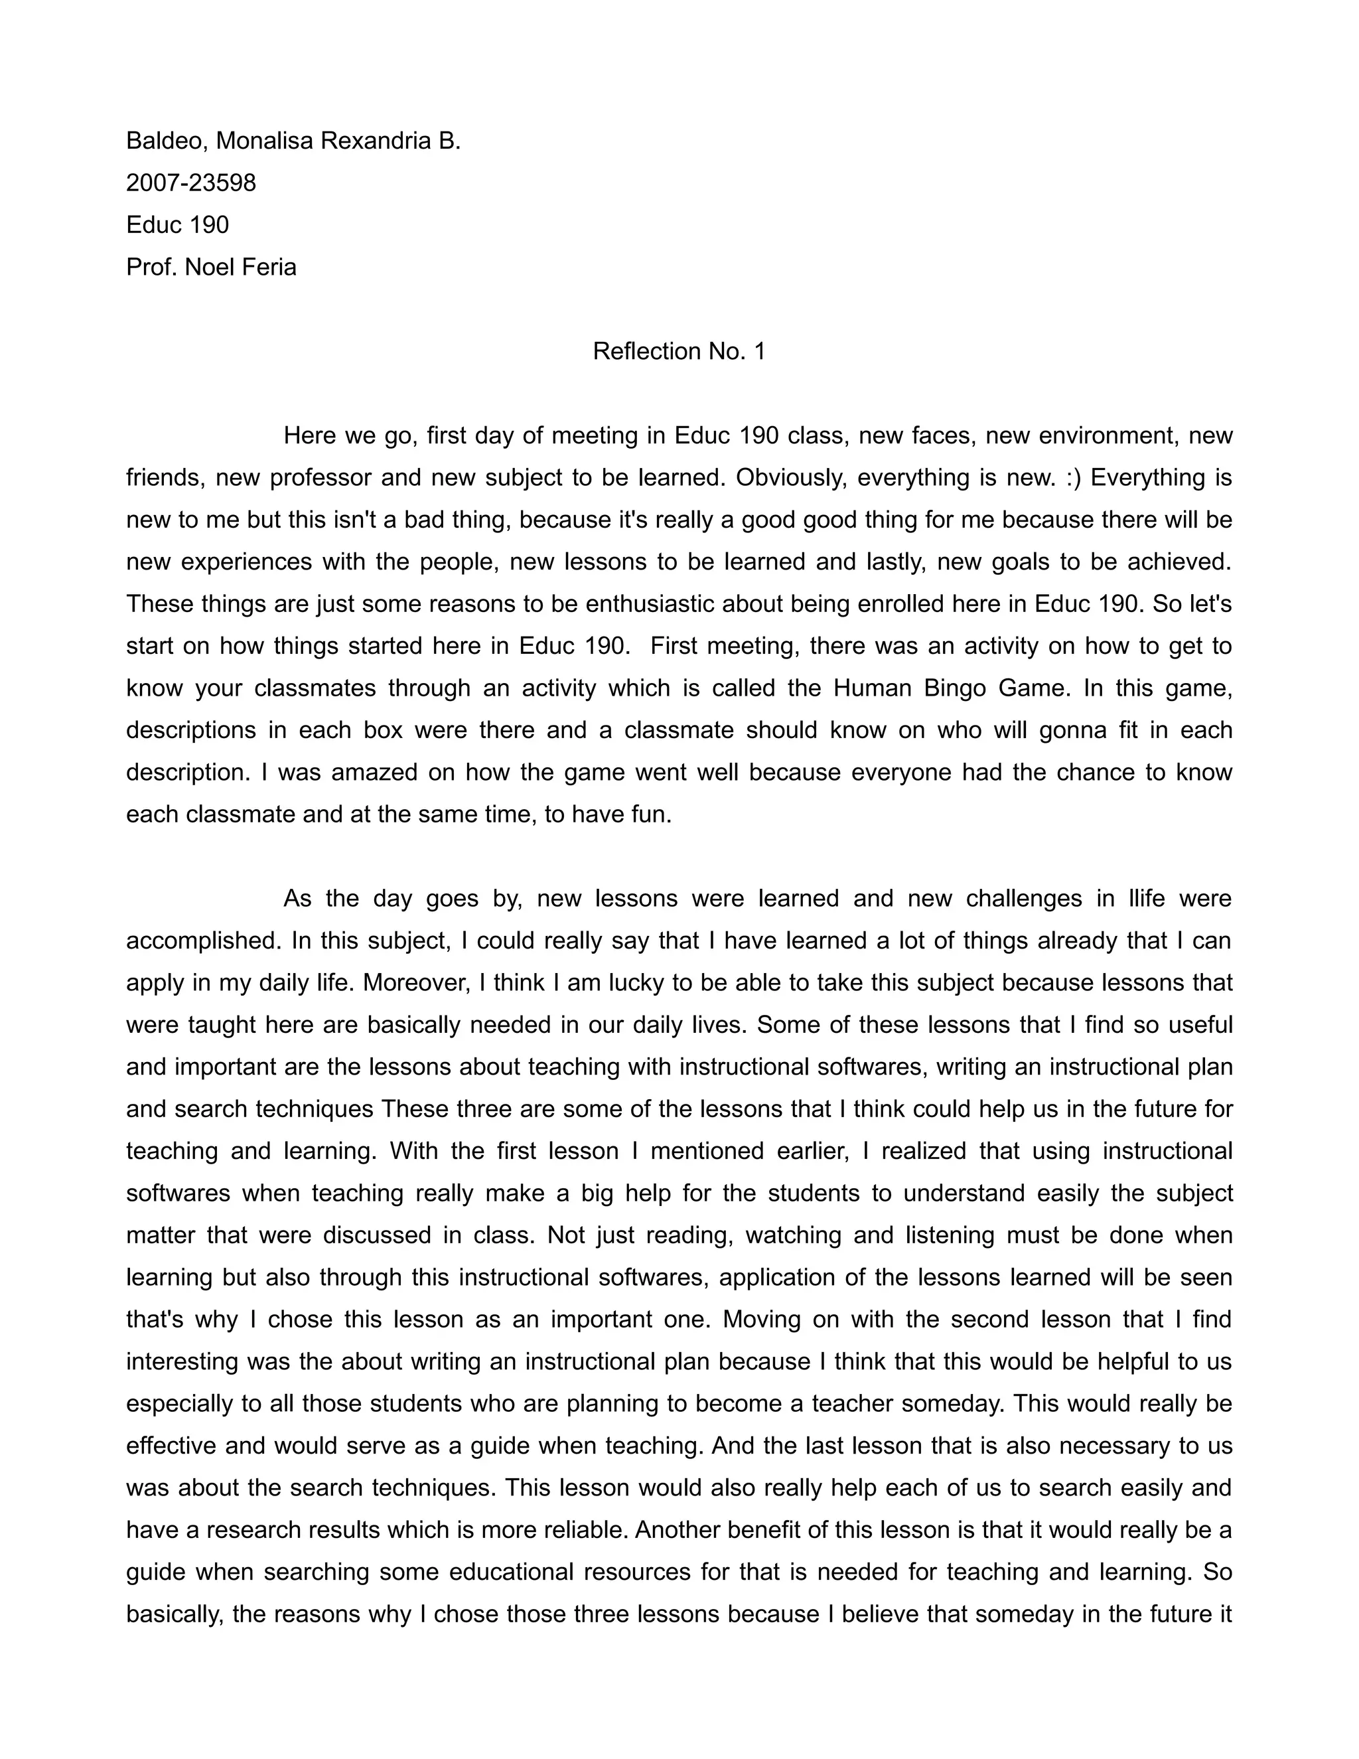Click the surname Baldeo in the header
coord(166,141)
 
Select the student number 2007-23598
coord(191,183)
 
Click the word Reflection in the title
coord(647,351)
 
